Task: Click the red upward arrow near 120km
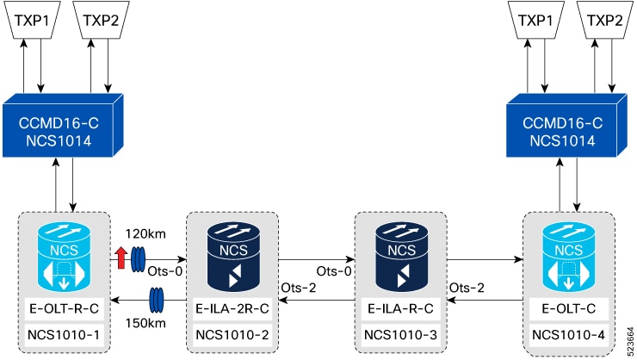pos(121,258)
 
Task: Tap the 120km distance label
pos(145,234)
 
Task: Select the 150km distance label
pos(145,324)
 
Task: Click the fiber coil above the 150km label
pos(157,300)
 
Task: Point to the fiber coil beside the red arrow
pos(138,259)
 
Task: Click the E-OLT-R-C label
pos(65,309)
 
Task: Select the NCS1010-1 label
pos(64,335)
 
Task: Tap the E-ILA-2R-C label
pos(232,309)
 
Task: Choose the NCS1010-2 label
pos(232,335)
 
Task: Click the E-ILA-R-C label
pos(400,309)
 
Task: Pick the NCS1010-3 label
pos(400,335)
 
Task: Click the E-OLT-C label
pos(569,309)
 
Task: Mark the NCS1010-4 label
pos(569,335)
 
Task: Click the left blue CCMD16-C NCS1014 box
pos(63,126)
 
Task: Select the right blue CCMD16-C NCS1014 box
pos(566,126)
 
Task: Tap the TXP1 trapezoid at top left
pos(32,20)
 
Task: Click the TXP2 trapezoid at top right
pos(605,20)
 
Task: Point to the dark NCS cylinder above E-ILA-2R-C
pos(233,256)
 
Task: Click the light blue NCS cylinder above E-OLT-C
pos(569,256)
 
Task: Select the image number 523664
pos(630,341)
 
